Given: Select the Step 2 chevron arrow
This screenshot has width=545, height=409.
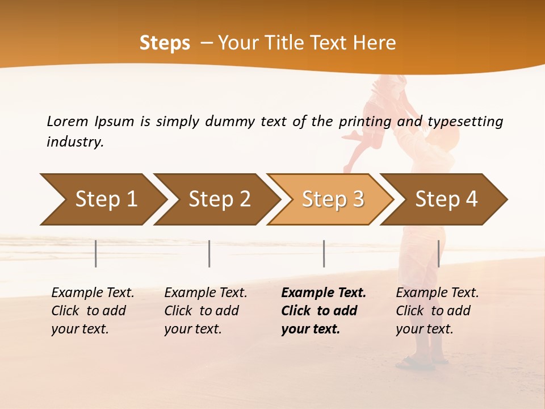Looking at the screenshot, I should pos(218,199).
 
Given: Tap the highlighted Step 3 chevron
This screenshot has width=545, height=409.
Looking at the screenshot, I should pos(332,199).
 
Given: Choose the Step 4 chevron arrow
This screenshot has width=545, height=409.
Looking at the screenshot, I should pos(445,199).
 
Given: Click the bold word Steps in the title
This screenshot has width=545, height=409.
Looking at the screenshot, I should pos(165,43).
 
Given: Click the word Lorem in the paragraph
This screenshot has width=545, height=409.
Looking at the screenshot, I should pos(67,121).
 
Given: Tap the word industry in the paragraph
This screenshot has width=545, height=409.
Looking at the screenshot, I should pos(75,141).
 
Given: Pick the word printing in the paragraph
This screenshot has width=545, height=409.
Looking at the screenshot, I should pos(365,122).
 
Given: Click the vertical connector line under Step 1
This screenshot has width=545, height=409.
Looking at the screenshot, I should pos(96,253).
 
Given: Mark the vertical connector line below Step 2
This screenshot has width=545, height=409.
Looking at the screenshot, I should pos(209,253).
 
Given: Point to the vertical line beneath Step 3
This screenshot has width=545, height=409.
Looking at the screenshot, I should pos(324,253).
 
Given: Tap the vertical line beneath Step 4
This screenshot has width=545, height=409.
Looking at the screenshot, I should pos(438,253).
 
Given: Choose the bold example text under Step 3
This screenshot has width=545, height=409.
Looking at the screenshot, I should pos(323,311).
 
